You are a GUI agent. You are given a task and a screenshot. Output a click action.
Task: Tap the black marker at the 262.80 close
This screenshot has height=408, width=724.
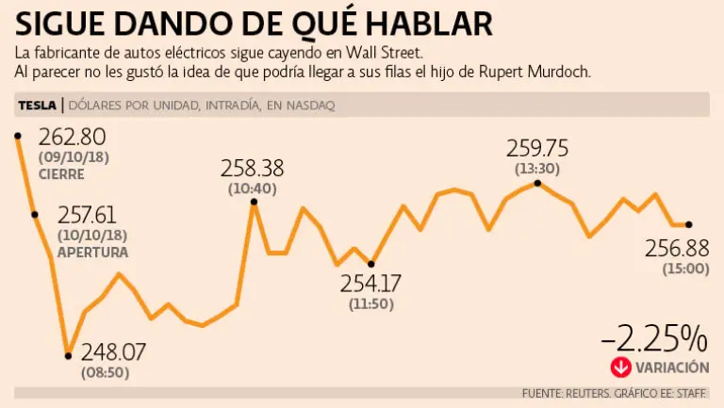pos(18,137)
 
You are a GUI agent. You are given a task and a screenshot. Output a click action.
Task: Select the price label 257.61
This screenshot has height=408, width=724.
pos(92,216)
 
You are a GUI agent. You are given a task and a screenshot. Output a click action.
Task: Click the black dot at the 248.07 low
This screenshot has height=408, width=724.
pos(68,355)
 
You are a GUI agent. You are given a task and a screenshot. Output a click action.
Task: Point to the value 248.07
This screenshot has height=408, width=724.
pos(113,352)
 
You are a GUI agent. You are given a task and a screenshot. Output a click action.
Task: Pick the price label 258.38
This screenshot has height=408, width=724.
pos(253,169)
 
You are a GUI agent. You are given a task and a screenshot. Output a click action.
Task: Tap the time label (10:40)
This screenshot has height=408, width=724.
pos(252,188)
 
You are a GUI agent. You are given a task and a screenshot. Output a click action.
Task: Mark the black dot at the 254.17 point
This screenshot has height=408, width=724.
pos(370,264)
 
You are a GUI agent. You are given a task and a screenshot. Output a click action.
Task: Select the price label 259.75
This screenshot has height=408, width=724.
pos(537,148)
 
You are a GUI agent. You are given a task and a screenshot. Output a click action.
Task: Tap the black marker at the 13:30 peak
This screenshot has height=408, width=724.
pos(536,183)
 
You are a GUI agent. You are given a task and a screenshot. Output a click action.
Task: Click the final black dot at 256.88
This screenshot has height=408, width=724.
pos(689,224)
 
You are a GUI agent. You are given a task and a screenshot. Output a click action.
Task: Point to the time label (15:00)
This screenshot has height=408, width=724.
pos(677,269)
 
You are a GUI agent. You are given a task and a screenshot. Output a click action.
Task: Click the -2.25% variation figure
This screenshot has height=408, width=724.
pos(653,337)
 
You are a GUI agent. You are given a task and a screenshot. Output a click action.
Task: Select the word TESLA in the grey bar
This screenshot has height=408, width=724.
pos(37,106)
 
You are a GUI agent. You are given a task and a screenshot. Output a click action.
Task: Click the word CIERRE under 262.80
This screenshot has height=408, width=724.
pos(61,174)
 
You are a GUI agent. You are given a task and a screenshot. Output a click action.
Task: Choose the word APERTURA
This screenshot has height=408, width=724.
pos(93,252)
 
